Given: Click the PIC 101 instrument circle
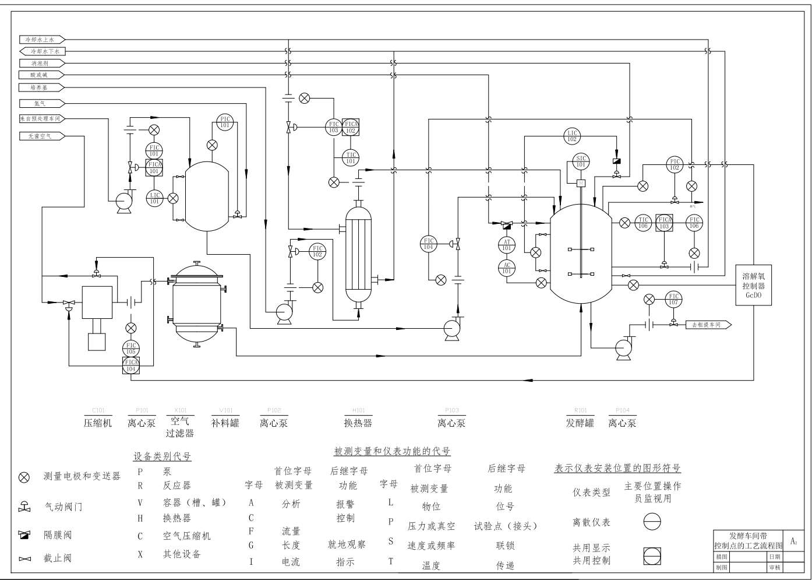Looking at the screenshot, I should [225, 122].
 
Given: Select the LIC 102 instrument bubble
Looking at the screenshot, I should [572, 136].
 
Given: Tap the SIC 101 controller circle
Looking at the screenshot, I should [581, 161].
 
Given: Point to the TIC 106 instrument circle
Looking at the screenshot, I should [642, 223].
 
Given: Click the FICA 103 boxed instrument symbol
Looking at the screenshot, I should [664, 223].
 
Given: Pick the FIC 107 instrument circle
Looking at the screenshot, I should [673, 299].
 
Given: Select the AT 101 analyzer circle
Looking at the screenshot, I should [507, 245].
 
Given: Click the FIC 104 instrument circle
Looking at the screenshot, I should [429, 244].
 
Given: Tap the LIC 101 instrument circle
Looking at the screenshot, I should [154, 198].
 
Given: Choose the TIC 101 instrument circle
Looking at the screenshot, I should [350, 158].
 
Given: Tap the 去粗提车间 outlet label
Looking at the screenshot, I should [707, 325].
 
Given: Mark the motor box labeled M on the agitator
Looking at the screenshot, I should [581, 184].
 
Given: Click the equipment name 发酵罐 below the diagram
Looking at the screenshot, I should [580, 423].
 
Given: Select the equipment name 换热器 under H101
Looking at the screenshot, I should [358, 423].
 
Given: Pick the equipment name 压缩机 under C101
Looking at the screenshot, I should [97, 423].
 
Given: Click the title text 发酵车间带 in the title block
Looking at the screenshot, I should [748, 536].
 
